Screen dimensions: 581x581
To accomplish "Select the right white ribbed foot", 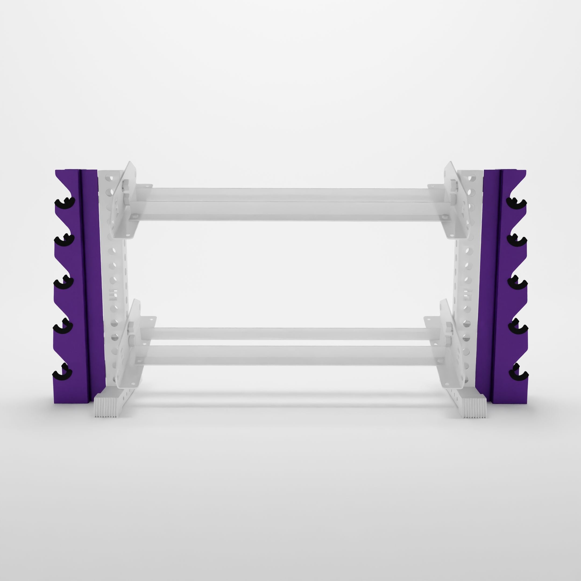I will (x=474, y=407).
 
